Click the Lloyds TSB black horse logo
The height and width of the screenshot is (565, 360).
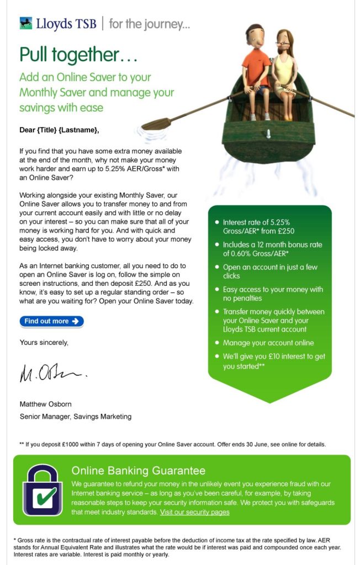(26, 23)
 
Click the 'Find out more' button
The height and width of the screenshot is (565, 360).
(51, 321)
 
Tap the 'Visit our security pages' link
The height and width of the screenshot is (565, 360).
(194, 512)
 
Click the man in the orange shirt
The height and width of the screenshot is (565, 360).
(256, 66)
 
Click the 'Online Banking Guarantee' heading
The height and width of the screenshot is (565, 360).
(138, 471)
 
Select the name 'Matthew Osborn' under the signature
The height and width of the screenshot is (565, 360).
(46, 404)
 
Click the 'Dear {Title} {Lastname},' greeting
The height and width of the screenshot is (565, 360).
(59, 130)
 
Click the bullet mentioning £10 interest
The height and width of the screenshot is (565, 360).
(273, 361)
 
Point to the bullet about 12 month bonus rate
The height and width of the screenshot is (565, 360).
(272, 249)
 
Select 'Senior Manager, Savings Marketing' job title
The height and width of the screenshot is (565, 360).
(76, 417)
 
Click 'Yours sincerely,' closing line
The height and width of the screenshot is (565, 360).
(44, 342)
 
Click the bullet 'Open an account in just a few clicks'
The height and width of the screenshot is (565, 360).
(270, 271)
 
